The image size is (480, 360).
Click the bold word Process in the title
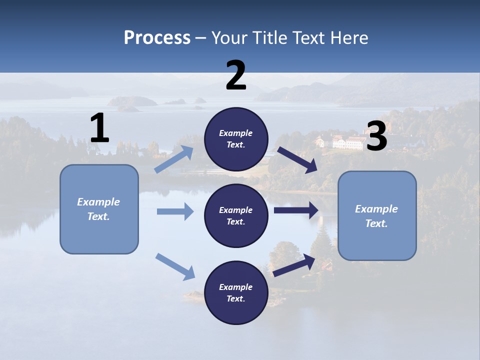point(157,37)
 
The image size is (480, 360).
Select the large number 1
point(99,128)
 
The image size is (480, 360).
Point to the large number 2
point(236,75)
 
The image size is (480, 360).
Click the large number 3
point(376,136)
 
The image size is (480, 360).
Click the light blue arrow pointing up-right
point(174,159)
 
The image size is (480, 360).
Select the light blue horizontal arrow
point(175,211)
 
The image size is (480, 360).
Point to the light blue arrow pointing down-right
point(175,266)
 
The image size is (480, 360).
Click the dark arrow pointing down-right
point(297,160)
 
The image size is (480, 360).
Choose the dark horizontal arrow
point(296,210)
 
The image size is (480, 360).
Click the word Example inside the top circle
point(235,133)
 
